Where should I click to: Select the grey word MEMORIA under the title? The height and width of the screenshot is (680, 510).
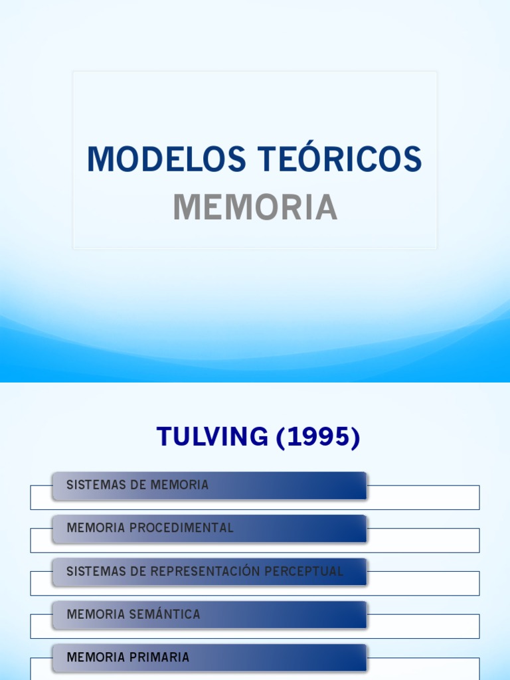coord(255,207)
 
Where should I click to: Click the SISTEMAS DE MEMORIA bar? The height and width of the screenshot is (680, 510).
coord(209,485)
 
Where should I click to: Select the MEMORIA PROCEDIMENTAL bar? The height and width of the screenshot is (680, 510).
coord(209,528)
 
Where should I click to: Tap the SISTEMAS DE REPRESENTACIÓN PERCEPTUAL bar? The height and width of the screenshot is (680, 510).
coord(209,571)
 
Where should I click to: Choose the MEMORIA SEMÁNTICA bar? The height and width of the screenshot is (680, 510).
coord(209,614)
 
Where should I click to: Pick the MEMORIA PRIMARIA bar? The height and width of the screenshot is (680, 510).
coord(209,657)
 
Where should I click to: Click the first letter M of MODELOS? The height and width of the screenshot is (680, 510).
coord(99,160)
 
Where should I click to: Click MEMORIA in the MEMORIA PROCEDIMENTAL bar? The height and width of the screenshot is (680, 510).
coord(96,528)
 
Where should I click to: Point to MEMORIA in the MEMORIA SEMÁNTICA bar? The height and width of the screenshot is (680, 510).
coord(96,614)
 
